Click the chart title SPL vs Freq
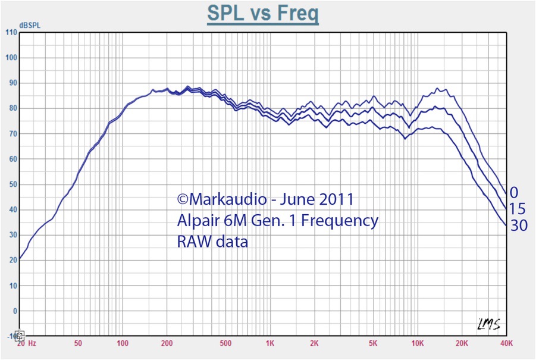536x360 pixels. coord(262,13)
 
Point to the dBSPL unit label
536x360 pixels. coord(29,25)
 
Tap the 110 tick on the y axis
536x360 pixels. coord(11,32)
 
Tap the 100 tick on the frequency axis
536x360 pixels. coord(123,344)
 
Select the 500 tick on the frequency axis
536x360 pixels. coord(225,344)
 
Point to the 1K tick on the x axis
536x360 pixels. coord(269,344)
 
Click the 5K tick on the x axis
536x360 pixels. coord(373,344)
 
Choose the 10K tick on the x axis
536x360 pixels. coord(418,344)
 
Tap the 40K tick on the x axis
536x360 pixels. coord(506,344)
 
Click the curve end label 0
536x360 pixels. coord(514,192)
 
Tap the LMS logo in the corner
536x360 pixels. coord(488,324)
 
